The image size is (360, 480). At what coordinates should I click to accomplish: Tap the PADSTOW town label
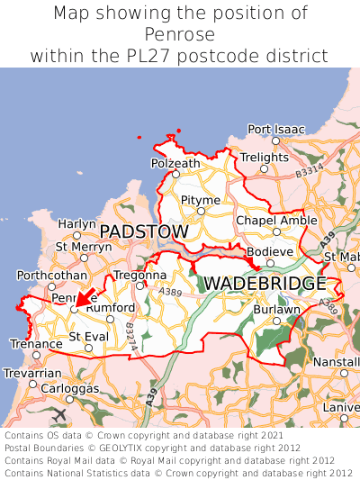144,232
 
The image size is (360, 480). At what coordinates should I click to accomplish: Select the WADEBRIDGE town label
265,284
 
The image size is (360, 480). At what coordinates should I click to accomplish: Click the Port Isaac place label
276,129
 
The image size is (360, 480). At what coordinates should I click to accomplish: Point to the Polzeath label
175,163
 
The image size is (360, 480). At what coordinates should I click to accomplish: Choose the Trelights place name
264,158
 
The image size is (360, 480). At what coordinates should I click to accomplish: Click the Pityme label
200,199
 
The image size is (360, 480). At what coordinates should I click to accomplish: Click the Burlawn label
276,308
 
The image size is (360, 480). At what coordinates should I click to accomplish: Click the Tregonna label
139,275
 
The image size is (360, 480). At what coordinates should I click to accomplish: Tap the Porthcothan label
51,275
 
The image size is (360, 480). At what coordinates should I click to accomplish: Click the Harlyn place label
76,223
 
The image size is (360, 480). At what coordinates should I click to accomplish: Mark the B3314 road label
308,168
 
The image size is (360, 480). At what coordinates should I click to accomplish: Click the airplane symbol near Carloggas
60,413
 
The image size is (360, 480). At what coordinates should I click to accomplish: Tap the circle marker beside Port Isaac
275,140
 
